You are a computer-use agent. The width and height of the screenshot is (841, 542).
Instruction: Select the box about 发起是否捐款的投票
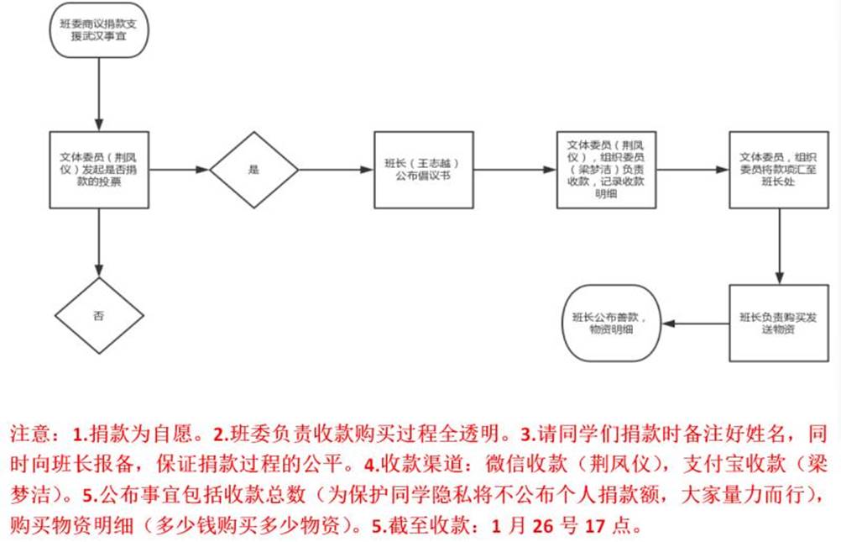(x=99, y=169)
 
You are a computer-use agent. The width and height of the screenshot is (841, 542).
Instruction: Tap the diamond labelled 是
(x=253, y=170)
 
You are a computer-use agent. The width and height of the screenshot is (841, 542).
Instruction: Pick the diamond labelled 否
(x=99, y=315)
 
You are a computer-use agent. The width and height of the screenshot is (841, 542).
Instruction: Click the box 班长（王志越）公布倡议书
(x=422, y=170)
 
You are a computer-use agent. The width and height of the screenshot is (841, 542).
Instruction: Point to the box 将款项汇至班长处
(x=778, y=170)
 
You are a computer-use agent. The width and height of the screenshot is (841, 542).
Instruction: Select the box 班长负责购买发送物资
(x=778, y=324)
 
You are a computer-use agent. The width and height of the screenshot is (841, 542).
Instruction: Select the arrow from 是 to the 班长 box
(x=336, y=170)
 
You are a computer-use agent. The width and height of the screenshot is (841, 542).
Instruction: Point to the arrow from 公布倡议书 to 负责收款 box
(x=514, y=170)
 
